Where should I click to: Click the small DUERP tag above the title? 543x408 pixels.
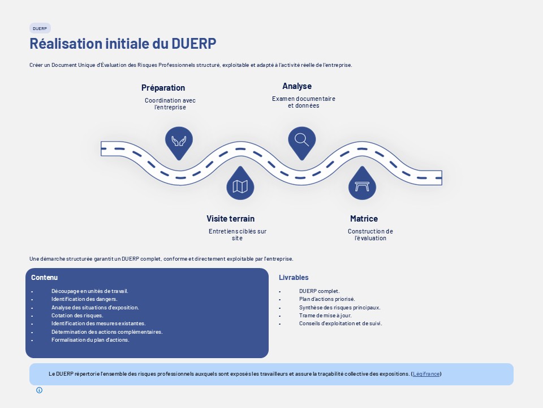tap(40, 28)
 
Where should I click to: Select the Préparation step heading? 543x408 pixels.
tap(163, 88)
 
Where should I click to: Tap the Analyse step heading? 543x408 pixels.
tap(297, 86)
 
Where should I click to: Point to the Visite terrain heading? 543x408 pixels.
tap(231, 219)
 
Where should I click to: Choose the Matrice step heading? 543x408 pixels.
tap(364, 219)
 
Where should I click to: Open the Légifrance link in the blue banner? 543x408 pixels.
tap(426, 374)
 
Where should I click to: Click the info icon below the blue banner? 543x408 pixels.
tap(40, 390)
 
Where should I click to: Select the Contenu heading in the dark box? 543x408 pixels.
tap(44, 278)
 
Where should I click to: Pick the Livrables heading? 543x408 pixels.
tap(294, 278)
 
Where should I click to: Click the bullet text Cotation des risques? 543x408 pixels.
tap(77, 316)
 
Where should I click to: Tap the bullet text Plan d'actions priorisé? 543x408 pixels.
tap(327, 299)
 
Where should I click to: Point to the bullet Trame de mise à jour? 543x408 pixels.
tap(326, 316)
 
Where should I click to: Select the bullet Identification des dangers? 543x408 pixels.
tap(84, 299)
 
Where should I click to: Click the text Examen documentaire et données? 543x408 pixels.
tap(304, 103)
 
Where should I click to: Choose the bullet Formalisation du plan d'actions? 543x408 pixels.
tap(90, 340)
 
